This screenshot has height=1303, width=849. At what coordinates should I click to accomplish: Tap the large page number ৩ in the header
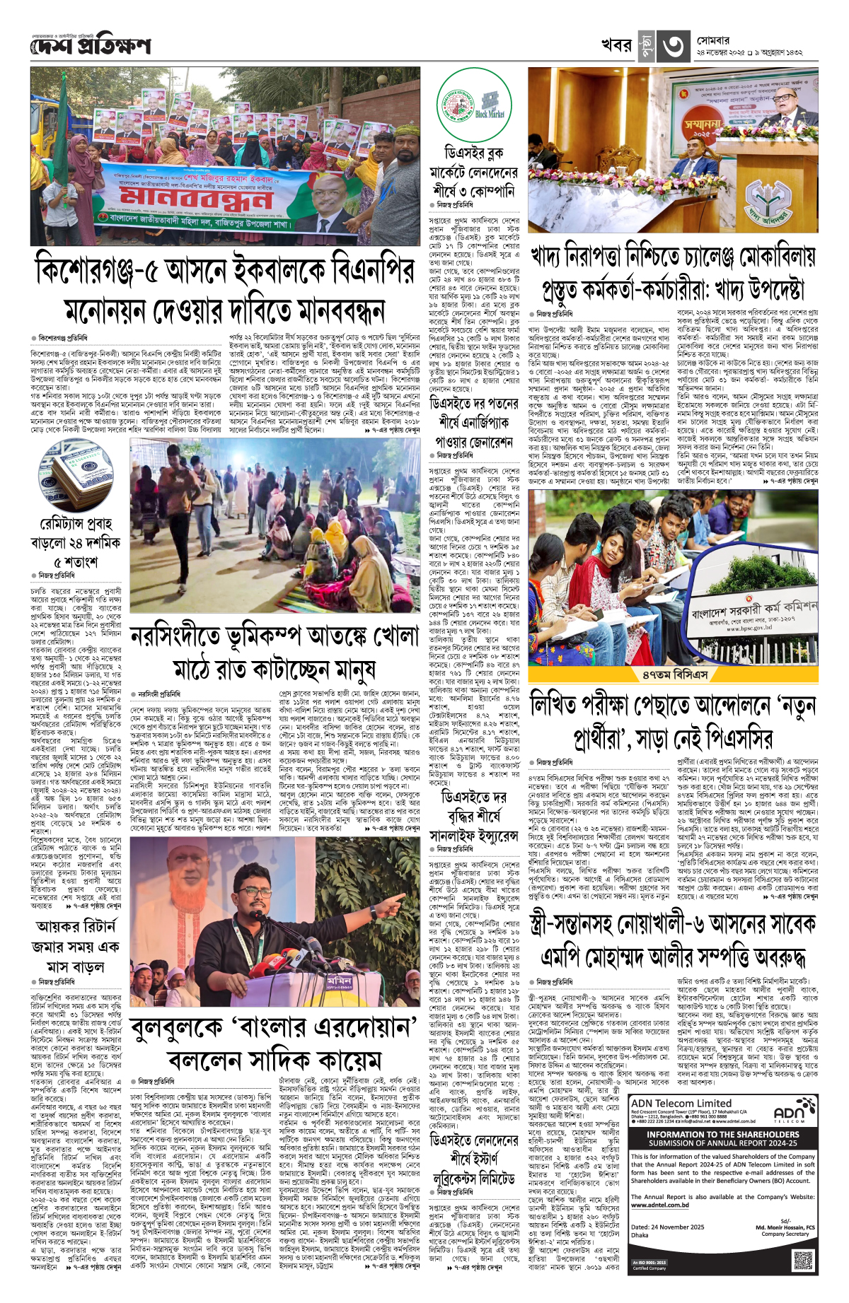tap(673, 47)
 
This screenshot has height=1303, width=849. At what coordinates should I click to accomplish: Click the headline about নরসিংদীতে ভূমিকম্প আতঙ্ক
tap(274, 651)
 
